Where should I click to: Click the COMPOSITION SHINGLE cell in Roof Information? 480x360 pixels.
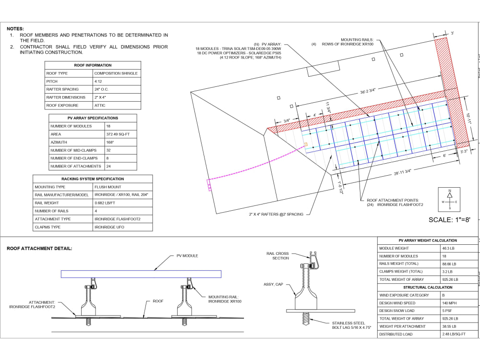coord(116,73)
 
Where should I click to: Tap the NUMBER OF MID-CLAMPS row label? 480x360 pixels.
coord(73,150)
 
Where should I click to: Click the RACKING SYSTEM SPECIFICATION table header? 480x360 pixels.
coord(93,179)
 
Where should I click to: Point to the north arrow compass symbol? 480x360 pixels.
coord(449,200)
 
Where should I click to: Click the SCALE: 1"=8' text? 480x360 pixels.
coord(449,220)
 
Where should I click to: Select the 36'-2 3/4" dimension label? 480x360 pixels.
coord(368,91)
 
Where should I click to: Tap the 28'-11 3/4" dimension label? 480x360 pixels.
coord(403,172)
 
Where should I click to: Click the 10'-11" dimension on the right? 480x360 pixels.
coord(468,119)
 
